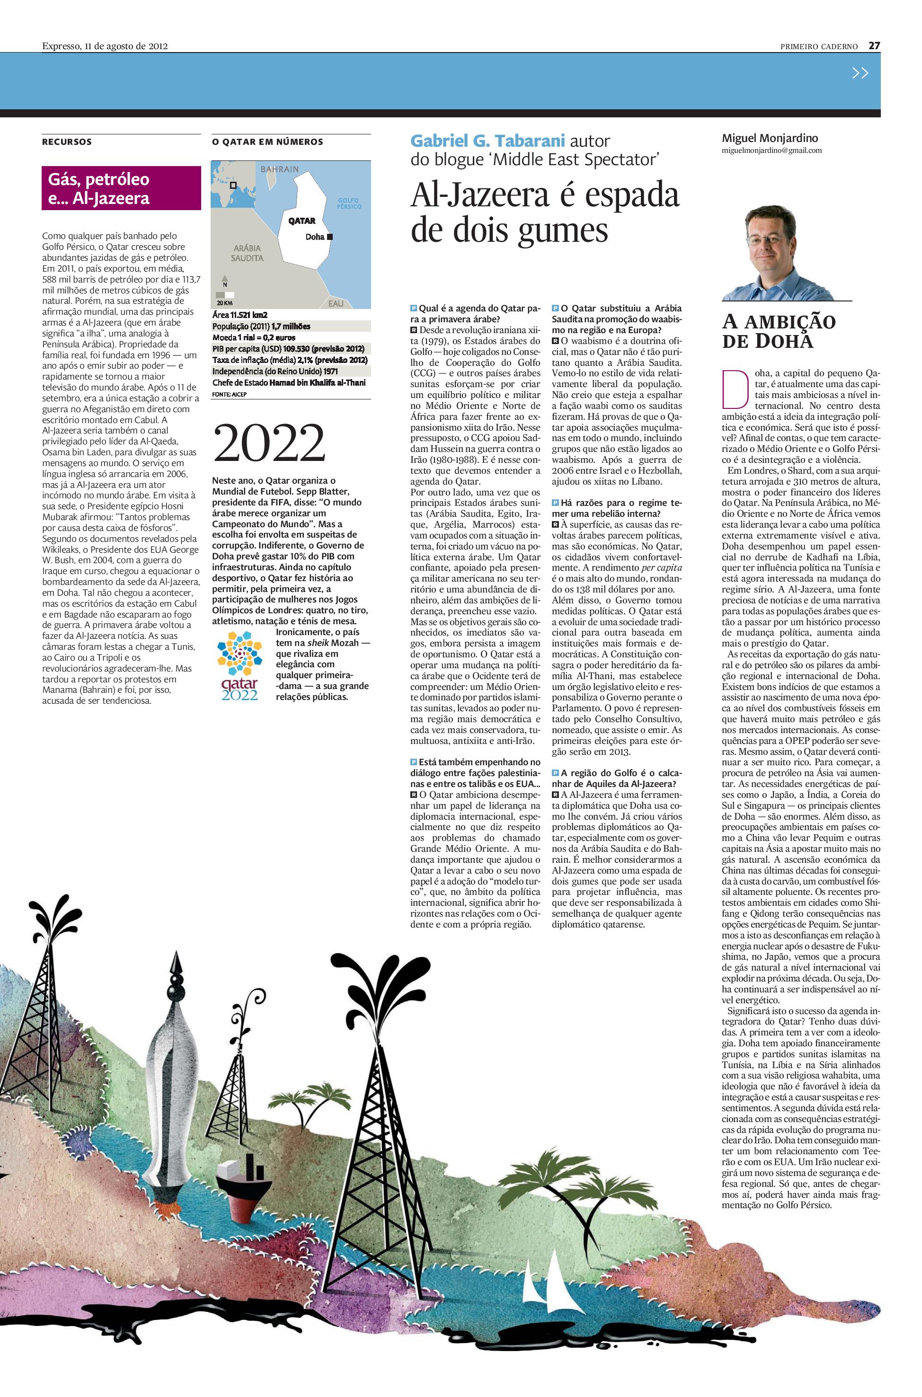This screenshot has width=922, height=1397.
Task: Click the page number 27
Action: click(x=874, y=46)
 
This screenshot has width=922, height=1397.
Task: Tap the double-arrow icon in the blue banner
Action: click(x=860, y=73)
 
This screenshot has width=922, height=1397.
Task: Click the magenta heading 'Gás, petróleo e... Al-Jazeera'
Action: click(x=121, y=188)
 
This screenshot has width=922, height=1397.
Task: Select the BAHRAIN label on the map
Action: click(x=280, y=169)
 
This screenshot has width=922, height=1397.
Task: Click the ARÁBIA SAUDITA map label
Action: click(x=247, y=253)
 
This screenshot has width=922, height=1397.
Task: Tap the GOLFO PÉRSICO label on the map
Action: click(x=349, y=203)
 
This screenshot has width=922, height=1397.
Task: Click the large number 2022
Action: click(x=269, y=444)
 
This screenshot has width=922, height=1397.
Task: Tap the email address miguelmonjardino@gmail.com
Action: click(x=771, y=150)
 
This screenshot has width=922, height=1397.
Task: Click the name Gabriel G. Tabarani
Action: click(x=488, y=141)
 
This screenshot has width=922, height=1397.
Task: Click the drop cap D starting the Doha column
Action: click(x=733, y=388)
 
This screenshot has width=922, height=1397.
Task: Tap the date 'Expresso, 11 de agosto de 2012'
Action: click(x=105, y=46)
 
